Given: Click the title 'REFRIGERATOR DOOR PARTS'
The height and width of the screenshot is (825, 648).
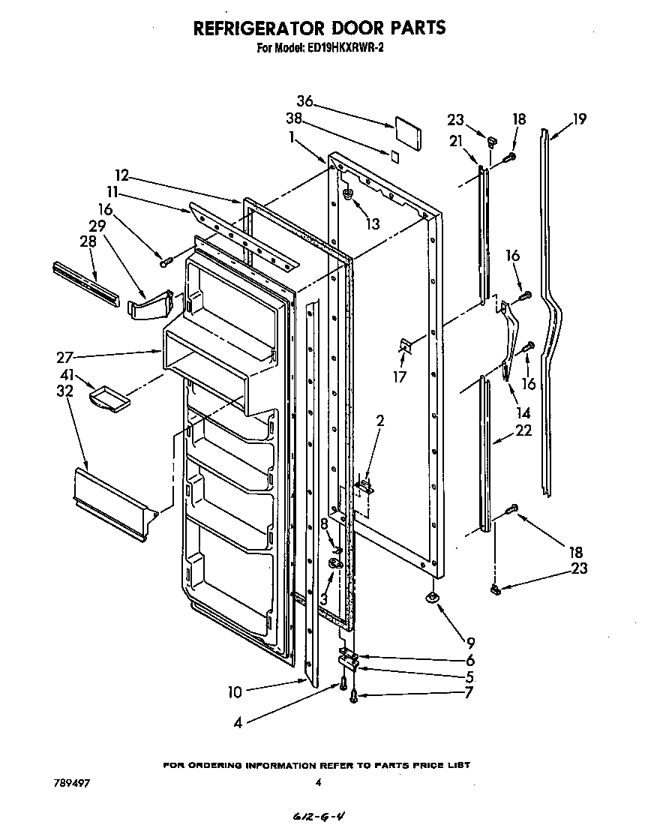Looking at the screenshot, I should click(319, 28).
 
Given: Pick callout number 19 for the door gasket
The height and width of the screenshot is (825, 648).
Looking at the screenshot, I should click(578, 118).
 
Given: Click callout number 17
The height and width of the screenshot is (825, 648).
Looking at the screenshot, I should click(400, 377).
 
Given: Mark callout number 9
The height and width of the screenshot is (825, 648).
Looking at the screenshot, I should click(470, 642).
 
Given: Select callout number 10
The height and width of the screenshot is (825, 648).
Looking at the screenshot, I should click(235, 691).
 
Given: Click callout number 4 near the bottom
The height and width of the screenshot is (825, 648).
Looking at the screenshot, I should click(237, 724).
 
